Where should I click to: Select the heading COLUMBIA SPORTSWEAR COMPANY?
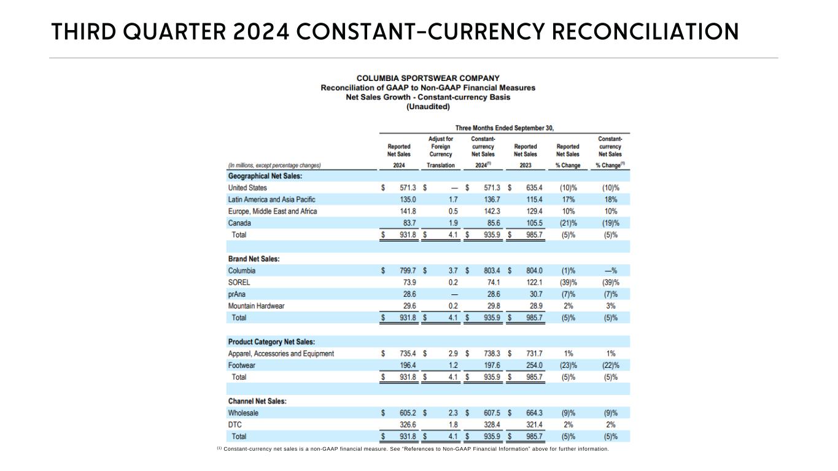(428, 78)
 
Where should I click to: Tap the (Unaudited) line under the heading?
(428, 106)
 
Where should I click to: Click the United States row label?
(247, 188)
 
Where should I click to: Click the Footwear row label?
(241, 366)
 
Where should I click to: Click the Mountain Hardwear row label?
(256, 306)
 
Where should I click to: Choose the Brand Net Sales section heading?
(254, 259)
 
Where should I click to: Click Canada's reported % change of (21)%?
(568, 223)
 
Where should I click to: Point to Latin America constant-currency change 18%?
(611, 199)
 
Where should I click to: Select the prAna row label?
(238, 294)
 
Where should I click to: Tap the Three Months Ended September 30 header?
(504, 128)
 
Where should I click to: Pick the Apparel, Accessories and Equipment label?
(281, 354)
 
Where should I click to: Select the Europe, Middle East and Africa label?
(272, 212)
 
